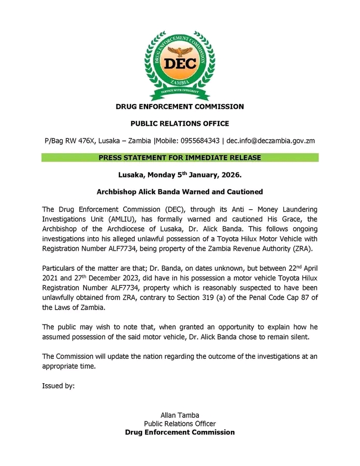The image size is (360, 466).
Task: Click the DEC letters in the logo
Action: (x=180, y=64)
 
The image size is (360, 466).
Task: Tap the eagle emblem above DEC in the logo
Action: (x=180, y=49)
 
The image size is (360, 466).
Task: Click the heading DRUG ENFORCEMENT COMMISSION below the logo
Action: (x=180, y=107)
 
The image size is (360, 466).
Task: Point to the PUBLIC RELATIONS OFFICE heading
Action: (x=180, y=124)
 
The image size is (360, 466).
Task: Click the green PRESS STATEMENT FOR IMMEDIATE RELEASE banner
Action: (x=180, y=157)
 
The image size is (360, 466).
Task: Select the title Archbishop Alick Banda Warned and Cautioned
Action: (x=180, y=192)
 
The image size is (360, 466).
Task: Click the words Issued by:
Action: (x=59, y=386)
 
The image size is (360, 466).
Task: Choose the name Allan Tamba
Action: (x=180, y=415)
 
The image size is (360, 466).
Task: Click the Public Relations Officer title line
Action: (x=180, y=424)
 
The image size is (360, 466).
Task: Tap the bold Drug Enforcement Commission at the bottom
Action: (x=180, y=432)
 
